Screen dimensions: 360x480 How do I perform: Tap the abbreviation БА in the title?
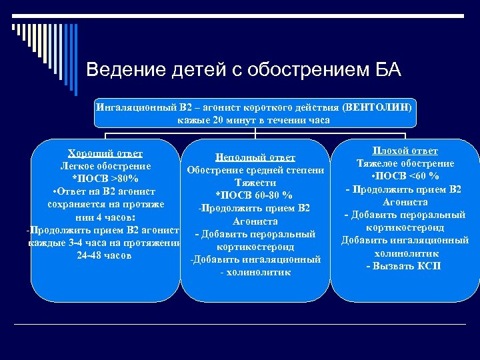(x=387, y=69)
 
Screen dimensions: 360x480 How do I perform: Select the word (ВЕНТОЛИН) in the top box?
(x=379, y=107)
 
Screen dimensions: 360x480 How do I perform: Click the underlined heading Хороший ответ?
(x=105, y=153)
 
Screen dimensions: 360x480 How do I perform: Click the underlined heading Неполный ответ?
(x=255, y=157)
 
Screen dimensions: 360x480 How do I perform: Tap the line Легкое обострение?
(x=105, y=166)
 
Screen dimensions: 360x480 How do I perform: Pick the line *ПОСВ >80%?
(x=105, y=179)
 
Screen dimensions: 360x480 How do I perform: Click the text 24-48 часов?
(x=105, y=255)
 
